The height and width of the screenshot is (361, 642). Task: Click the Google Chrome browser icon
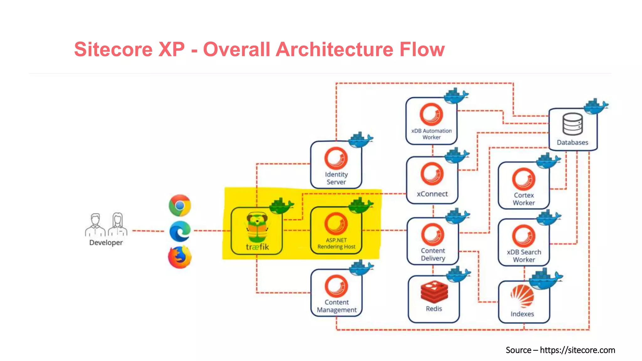(x=180, y=206)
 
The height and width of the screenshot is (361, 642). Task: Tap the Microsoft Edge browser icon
(x=180, y=231)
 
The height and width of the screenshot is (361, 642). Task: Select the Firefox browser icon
(x=180, y=257)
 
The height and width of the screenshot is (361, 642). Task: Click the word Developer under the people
(x=106, y=243)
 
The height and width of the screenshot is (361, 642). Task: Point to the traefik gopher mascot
(x=257, y=228)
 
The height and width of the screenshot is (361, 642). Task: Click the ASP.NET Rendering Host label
(x=336, y=243)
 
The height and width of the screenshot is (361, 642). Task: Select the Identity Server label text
(x=336, y=178)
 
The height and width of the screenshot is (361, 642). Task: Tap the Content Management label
(x=337, y=306)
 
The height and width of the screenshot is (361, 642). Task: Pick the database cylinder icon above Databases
(x=572, y=124)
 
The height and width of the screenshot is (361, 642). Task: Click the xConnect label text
(x=432, y=194)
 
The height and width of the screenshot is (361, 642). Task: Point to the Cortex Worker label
(x=524, y=199)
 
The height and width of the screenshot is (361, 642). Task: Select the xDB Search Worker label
(x=524, y=256)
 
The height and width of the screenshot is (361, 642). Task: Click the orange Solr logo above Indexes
(x=523, y=296)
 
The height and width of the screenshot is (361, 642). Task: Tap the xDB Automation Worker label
(x=432, y=134)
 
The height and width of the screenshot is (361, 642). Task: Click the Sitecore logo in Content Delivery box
(x=433, y=234)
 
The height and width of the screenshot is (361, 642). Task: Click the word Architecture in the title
(x=334, y=50)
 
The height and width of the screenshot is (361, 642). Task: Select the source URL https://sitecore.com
(x=577, y=350)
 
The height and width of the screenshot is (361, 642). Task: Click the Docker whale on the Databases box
(x=596, y=107)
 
